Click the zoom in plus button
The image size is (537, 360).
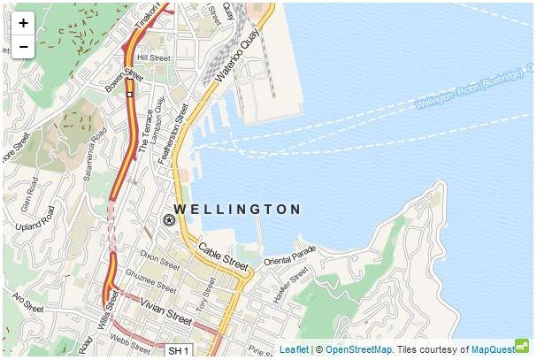[x=23, y=23]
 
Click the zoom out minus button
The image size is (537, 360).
[x=23, y=47]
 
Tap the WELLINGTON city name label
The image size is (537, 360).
[x=237, y=210]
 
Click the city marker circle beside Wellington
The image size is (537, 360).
[x=168, y=219]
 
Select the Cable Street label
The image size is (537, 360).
[x=223, y=257]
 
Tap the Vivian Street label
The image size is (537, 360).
[x=165, y=315]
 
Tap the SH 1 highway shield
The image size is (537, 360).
[x=179, y=351]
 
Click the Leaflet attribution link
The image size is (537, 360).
[x=294, y=350]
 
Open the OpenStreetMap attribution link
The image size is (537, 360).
[x=358, y=350]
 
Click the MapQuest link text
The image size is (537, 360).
[x=493, y=350]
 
